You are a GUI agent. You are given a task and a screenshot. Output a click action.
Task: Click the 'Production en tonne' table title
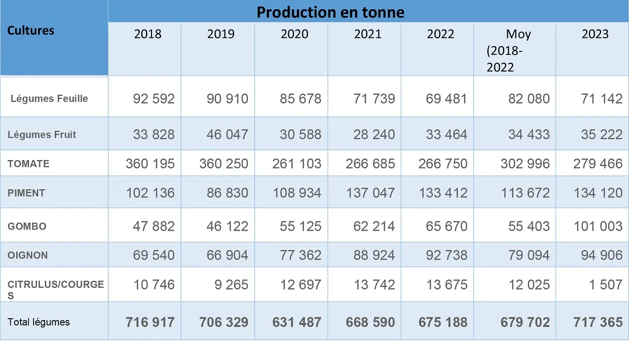point(330,12)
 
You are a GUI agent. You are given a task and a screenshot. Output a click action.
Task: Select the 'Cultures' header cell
point(31,30)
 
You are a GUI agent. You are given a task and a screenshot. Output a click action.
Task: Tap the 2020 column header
point(295,34)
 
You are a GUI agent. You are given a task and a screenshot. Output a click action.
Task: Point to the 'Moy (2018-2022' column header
point(511,51)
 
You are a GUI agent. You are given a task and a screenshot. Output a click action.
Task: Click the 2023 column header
point(595,34)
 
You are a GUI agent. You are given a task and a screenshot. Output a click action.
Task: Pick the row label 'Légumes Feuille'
point(49,99)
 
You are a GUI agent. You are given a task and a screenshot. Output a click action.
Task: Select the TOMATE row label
point(28,164)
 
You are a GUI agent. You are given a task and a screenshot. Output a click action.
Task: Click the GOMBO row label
point(27,226)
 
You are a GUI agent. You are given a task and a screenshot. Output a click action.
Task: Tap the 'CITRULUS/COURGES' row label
point(55,289)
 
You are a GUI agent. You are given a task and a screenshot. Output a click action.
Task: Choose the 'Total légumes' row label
point(38,322)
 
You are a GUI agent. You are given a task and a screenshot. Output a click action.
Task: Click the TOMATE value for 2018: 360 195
point(150,164)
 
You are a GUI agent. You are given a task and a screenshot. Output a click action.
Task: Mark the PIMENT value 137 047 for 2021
point(370,193)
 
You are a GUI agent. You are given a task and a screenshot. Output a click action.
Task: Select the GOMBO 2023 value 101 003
point(598,226)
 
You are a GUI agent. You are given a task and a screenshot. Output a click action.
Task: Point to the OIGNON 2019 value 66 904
point(227,255)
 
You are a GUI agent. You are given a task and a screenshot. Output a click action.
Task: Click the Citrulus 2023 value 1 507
point(606,285)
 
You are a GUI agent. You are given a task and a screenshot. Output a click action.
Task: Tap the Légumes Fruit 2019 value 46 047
point(227,135)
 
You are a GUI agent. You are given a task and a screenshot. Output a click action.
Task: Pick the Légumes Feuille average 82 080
point(529,99)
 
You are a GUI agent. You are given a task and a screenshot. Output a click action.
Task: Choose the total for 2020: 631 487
point(297,322)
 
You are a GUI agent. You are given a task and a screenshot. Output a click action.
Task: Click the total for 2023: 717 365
point(598,322)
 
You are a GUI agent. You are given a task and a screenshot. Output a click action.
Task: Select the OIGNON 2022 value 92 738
point(446,255)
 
